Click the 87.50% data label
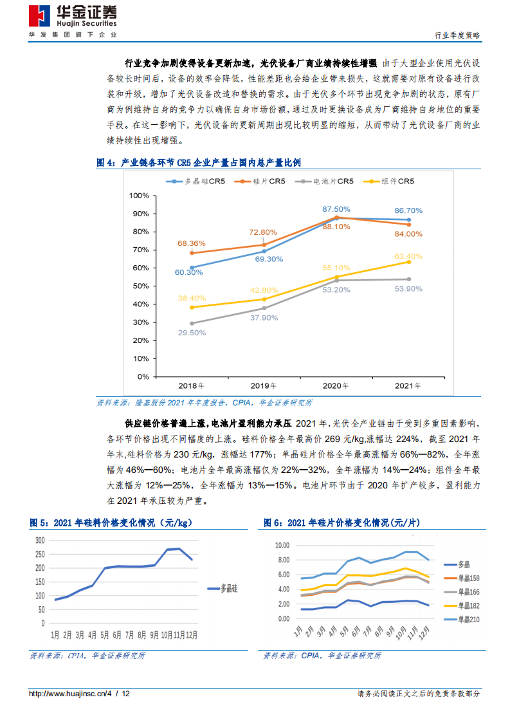tap(336, 209)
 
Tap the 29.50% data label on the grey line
tap(192, 333)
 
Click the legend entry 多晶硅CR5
tap(196, 181)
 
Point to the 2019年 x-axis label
tap(264, 386)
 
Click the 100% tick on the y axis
tap(139, 196)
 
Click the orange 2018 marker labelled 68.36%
tap(192, 253)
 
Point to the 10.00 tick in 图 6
tap(283, 545)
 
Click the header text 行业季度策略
tap(457, 35)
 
